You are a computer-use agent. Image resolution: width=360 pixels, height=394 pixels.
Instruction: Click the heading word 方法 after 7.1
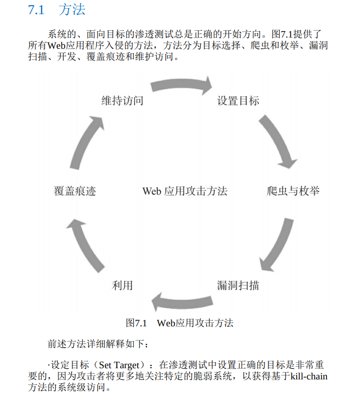coord(72,10)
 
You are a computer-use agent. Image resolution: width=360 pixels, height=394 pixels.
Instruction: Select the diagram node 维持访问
coord(122,101)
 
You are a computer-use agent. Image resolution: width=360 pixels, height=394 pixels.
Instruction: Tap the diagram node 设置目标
coord(238,101)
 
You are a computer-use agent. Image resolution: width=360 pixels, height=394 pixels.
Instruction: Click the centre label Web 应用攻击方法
coord(184,191)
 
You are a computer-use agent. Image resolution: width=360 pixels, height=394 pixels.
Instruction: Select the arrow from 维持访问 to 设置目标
coord(181,85)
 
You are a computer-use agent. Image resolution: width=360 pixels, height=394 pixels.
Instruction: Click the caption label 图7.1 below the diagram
coord(136,323)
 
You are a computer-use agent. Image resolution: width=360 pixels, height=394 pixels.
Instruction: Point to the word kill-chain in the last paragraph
coord(309,376)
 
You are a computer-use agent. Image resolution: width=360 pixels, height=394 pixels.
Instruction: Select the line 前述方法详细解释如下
coord(97,344)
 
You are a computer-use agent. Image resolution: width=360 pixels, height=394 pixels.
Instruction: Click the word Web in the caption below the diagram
coord(165,323)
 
